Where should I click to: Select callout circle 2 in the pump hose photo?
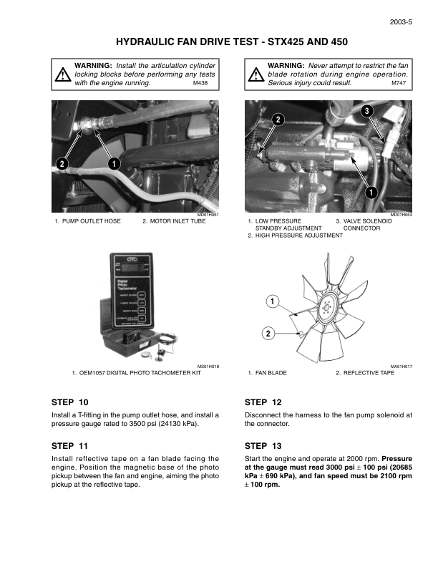pyautogui.click(x=62, y=164)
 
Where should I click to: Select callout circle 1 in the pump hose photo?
pyautogui.click(x=114, y=164)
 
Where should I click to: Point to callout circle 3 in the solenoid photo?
pyautogui.click(x=366, y=111)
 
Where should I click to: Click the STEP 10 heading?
pyautogui.click(x=70, y=402)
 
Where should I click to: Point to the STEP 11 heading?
pyautogui.click(x=70, y=445)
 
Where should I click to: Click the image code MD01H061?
pyautogui.click(x=208, y=215)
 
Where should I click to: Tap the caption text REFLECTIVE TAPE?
pyautogui.click(x=369, y=373)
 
